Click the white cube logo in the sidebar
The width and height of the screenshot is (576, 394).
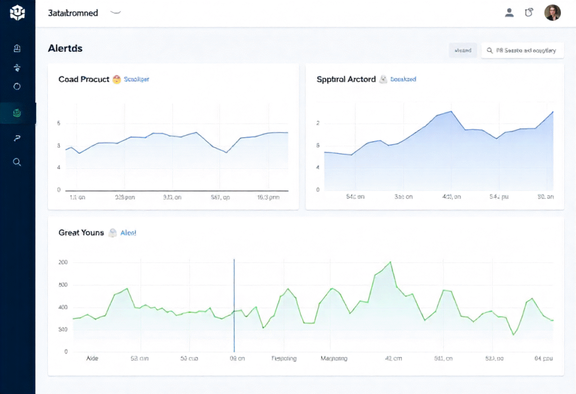point(17,12)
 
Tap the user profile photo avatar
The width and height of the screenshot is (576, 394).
point(552,13)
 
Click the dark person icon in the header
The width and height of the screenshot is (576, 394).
point(509,13)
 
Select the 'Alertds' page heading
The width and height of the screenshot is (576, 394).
point(65,48)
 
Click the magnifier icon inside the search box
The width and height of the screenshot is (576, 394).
point(490,51)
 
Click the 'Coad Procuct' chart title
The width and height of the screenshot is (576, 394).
point(84,79)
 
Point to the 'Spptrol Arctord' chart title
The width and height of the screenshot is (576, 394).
point(346,79)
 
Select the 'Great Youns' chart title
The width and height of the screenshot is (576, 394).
point(81,233)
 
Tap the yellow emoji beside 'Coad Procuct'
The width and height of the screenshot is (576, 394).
point(117,79)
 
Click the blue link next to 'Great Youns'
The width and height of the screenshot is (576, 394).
point(128,233)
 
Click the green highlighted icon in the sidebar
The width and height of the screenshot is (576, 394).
point(17,114)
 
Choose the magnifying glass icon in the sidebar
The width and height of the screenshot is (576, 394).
point(17,162)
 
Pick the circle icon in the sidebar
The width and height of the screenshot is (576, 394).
point(17,87)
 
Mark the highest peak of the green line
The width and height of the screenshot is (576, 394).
point(390,262)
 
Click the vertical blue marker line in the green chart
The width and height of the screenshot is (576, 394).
point(234,304)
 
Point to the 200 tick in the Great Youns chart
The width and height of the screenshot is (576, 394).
point(62,262)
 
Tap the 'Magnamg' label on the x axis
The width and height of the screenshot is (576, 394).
point(334,358)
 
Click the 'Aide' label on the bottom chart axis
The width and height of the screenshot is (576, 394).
point(92,358)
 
